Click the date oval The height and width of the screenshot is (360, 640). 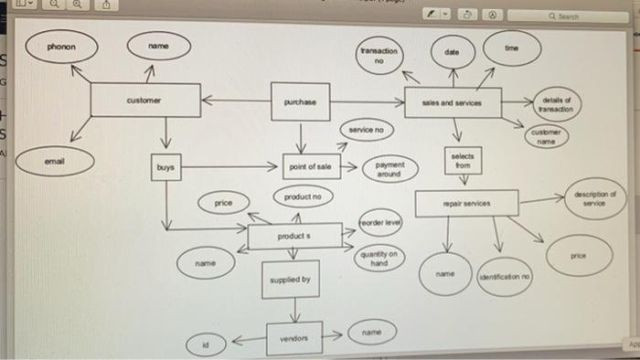pos(453,54)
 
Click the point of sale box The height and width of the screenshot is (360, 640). pos(312,167)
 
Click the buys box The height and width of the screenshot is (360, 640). pos(166,168)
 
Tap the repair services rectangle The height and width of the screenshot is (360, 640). pos(466,203)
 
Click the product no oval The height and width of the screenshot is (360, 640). pos(302,196)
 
